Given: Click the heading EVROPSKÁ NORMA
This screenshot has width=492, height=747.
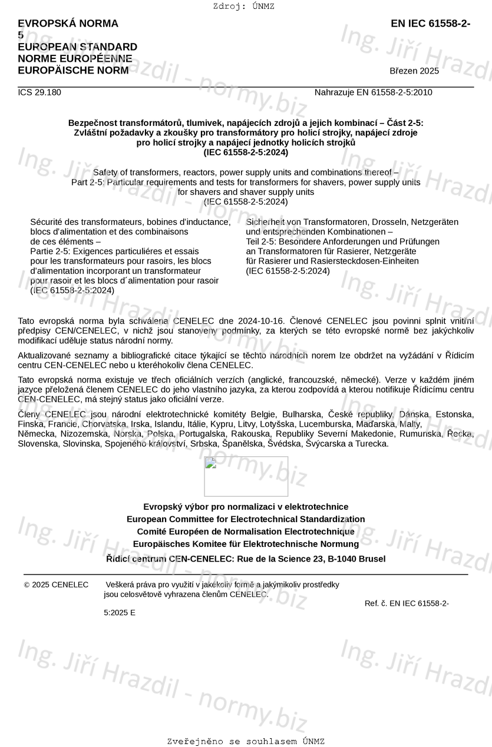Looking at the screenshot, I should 68,24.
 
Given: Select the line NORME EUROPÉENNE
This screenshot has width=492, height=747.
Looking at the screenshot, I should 75,59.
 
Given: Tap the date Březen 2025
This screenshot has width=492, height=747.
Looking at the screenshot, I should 414,71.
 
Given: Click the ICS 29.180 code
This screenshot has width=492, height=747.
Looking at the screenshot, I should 39,92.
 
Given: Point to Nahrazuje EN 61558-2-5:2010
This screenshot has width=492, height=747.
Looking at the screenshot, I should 373,92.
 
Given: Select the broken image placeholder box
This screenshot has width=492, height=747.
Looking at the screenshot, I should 246,476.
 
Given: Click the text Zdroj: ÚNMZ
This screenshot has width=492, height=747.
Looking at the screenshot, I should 244,6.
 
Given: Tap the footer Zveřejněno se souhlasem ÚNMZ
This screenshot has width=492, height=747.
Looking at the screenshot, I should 246,741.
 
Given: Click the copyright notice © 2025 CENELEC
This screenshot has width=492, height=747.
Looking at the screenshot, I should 56,585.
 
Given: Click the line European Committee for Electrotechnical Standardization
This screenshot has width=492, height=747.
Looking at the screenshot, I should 246,519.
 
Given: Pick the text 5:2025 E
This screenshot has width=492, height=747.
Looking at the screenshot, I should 120,612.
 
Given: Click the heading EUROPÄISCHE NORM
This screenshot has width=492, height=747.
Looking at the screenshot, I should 73,71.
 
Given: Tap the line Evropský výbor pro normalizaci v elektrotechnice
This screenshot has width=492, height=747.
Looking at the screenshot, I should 246,507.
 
